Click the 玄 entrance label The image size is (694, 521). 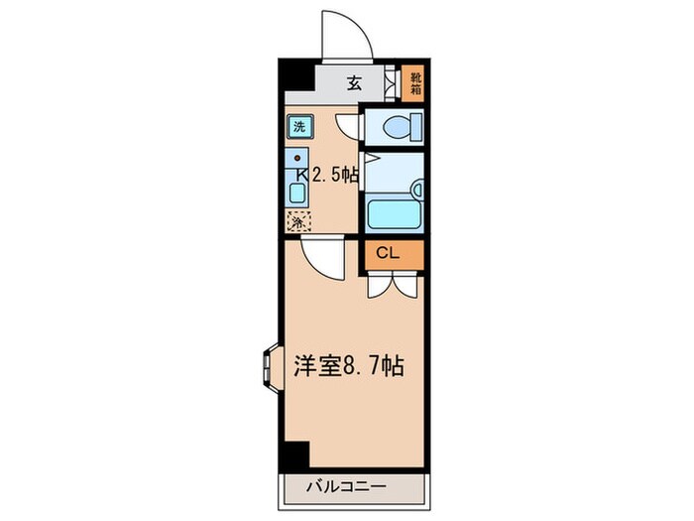[x=353, y=83]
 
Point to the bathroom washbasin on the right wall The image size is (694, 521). [x=417, y=187]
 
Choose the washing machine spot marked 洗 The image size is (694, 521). [x=297, y=126]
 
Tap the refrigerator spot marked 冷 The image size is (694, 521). [x=297, y=223]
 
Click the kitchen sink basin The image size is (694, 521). [x=297, y=188]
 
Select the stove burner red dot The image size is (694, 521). [x=296, y=158]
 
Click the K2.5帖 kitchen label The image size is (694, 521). [x=326, y=175]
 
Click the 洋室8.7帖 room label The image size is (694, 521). [x=346, y=366]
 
